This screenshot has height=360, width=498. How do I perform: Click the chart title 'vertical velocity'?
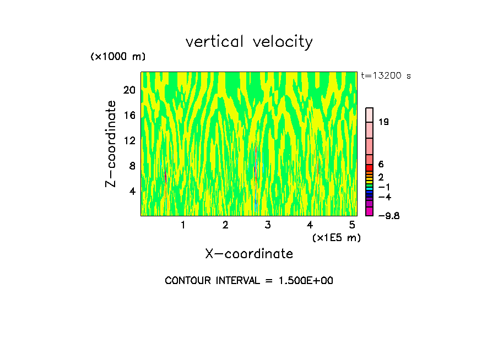249,42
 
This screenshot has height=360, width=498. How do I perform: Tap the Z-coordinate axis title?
112,144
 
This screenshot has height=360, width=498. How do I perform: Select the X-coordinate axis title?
249,254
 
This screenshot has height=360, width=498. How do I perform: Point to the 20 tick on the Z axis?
129,90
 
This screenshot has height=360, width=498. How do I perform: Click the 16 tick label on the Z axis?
129,116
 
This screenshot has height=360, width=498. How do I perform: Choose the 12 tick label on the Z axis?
129,140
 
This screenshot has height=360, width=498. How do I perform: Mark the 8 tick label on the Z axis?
132,166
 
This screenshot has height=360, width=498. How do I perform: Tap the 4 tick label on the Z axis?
132,191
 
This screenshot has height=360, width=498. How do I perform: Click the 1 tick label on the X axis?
183,225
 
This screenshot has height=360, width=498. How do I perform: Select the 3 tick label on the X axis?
267,225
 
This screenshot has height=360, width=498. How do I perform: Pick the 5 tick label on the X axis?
352,225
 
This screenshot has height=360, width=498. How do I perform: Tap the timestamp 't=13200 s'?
386,76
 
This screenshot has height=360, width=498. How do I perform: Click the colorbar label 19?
384,122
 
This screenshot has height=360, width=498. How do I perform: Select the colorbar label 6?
381,165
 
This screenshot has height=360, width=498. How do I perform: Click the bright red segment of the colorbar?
370,168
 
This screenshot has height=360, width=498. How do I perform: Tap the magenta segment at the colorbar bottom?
370,212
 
